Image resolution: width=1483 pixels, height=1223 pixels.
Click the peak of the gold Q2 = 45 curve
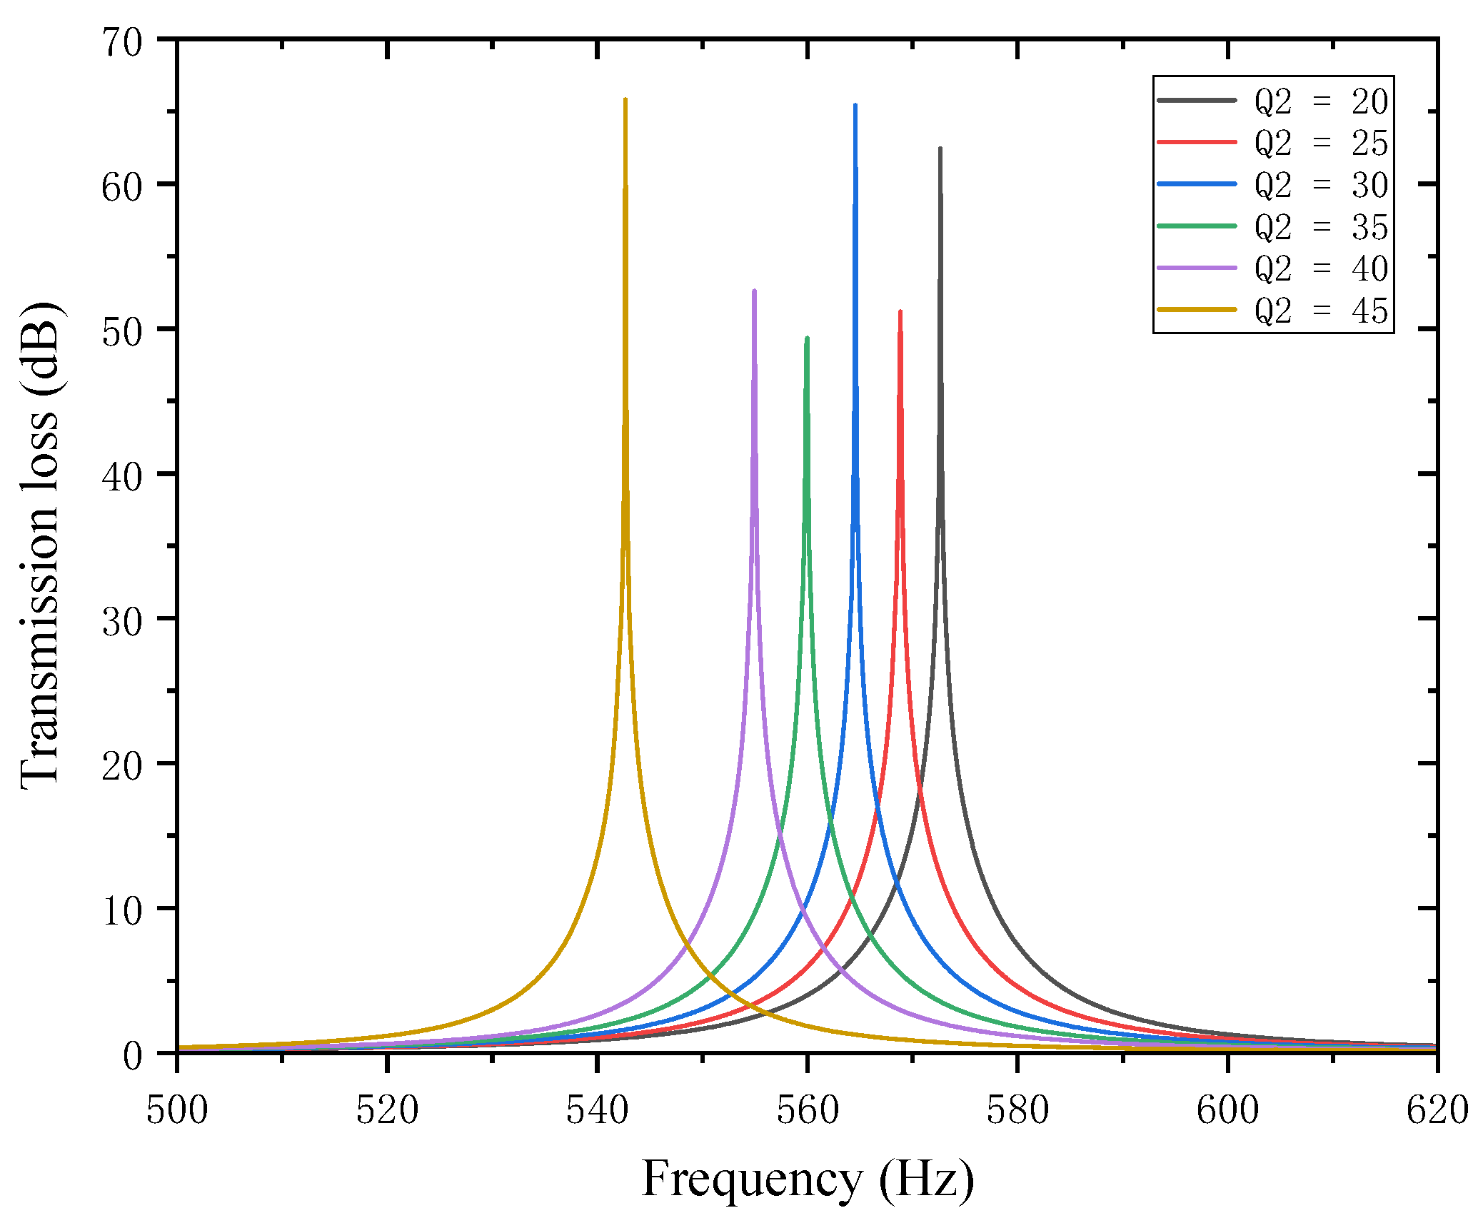(x=625, y=99)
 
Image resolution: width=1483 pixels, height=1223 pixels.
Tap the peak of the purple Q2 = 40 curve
(x=754, y=291)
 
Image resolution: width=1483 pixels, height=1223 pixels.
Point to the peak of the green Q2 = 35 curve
(x=807, y=338)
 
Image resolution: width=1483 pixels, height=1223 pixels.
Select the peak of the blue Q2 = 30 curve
(x=855, y=105)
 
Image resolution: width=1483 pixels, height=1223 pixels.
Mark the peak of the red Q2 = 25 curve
(x=900, y=311)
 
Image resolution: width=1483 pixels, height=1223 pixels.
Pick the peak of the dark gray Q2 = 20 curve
(x=940, y=149)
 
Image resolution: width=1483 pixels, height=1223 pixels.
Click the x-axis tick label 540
(x=597, y=1111)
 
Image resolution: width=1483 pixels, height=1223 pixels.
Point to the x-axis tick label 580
(x=1017, y=1111)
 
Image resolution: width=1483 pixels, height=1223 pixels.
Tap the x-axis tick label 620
(x=1437, y=1111)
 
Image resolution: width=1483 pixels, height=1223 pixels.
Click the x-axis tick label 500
(x=177, y=1111)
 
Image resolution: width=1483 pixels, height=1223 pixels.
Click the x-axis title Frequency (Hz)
(x=808, y=1179)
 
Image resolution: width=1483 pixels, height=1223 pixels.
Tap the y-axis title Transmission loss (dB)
(x=41, y=546)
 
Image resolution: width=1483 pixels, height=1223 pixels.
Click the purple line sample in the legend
(x=1197, y=268)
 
